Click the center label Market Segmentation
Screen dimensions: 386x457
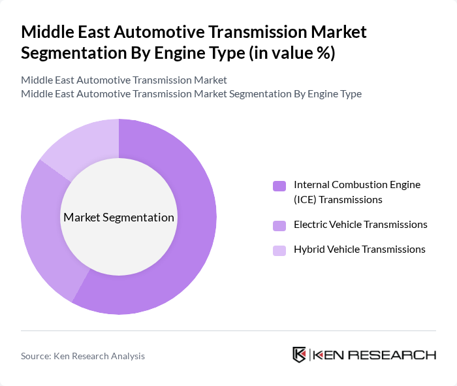(118, 217)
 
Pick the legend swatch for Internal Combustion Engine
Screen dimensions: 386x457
(279, 186)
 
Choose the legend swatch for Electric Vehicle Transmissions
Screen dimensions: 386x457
(279, 225)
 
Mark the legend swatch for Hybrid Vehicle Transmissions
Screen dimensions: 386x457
(279, 250)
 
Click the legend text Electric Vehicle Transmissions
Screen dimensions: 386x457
(360, 225)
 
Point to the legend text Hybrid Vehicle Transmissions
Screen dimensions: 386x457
(359, 249)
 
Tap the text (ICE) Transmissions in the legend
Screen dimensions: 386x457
(338, 199)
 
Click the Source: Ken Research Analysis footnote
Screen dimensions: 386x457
(83, 356)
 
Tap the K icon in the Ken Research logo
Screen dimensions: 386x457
(299, 355)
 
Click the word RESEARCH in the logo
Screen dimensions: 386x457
(398, 355)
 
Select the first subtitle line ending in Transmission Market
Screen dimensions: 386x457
(123, 80)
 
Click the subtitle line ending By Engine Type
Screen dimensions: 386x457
(191, 94)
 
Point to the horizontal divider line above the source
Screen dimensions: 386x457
(228, 330)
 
